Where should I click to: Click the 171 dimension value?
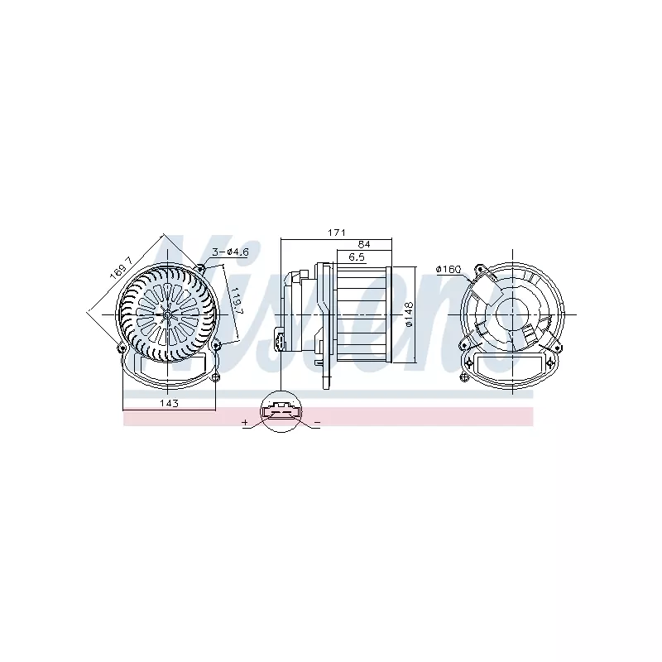(x=337, y=233)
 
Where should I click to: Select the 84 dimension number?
(x=364, y=244)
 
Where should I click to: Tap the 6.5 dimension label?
(x=357, y=257)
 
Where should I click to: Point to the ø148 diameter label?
(x=409, y=314)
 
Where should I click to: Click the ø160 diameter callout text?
(x=449, y=270)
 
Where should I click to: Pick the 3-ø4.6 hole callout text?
(x=231, y=252)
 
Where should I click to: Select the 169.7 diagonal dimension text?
(x=122, y=268)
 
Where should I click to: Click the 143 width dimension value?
(x=169, y=403)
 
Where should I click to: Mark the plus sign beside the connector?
(x=245, y=422)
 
